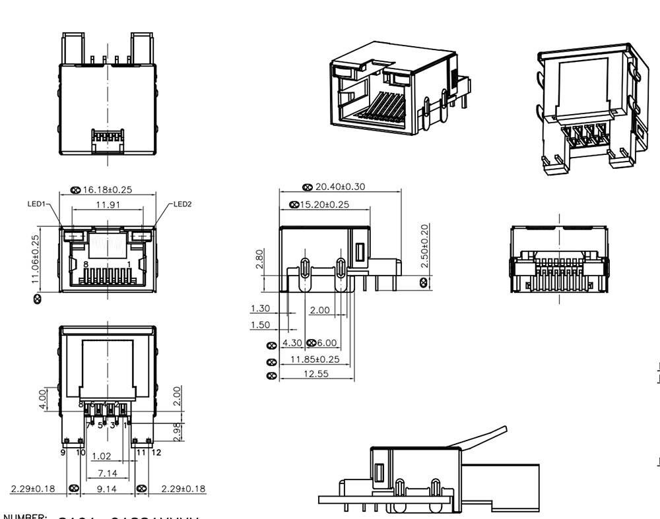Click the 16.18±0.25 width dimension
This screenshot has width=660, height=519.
click(x=108, y=190)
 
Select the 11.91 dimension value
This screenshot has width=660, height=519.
click(x=108, y=204)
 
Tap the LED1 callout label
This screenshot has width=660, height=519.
click(x=36, y=204)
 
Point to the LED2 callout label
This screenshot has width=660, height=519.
click(x=183, y=204)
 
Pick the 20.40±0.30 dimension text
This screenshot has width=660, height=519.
click(x=340, y=187)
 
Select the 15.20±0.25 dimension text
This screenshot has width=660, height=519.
click(x=324, y=204)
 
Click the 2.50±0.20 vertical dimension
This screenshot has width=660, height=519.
click(x=424, y=246)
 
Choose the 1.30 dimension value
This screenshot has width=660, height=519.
click(x=260, y=309)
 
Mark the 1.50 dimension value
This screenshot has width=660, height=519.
click(x=260, y=324)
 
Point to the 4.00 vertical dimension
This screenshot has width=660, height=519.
click(x=43, y=398)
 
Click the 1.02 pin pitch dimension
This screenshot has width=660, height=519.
click(x=101, y=456)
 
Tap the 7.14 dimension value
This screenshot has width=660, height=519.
click(x=108, y=473)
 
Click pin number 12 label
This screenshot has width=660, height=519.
click(x=156, y=452)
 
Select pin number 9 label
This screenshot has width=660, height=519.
click(x=63, y=452)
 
